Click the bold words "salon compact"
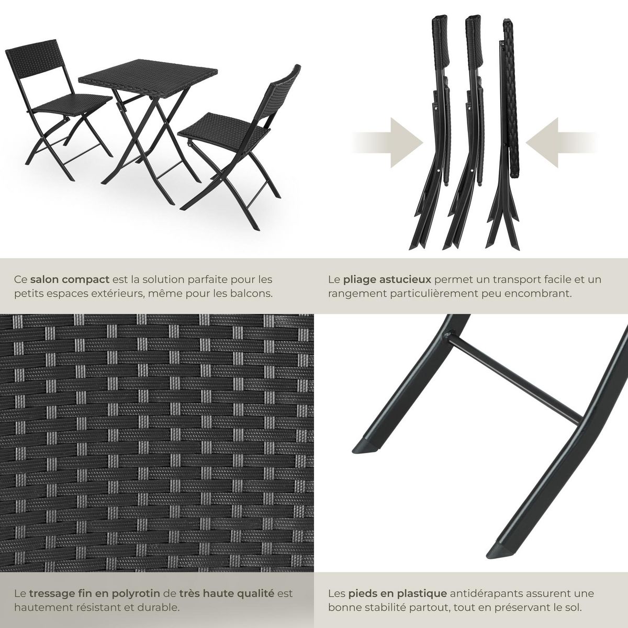pos(70,279)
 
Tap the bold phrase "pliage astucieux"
pos(387,279)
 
